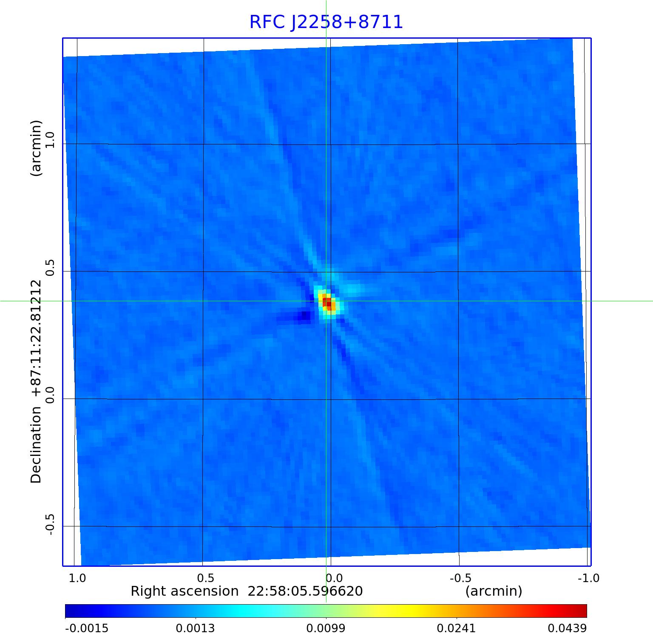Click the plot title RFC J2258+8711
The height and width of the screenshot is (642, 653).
click(326, 22)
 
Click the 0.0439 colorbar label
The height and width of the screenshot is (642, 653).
click(567, 628)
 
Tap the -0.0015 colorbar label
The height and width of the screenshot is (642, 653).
click(87, 628)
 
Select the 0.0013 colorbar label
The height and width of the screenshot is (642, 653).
click(195, 628)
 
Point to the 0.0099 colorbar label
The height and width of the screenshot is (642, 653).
click(326, 628)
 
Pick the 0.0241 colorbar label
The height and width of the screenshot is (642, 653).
click(457, 628)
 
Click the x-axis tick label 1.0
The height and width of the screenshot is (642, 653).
click(77, 578)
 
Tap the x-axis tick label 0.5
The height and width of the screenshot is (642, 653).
click(205, 578)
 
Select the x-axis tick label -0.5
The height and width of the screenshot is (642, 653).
click(460, 578)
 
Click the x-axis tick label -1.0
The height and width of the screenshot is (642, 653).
click(588, 578)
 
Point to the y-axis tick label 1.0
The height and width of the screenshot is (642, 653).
click(51, 139)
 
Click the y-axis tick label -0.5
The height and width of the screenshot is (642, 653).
click(51, 524)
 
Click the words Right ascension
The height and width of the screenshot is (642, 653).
click(185, 591)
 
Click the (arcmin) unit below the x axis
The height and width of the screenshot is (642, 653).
click(494, 591)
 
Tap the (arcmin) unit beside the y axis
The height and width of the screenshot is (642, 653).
click(37, 148)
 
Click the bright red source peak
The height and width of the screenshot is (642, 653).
click(327, 303)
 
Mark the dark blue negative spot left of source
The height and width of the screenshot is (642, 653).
click(304, 316)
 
